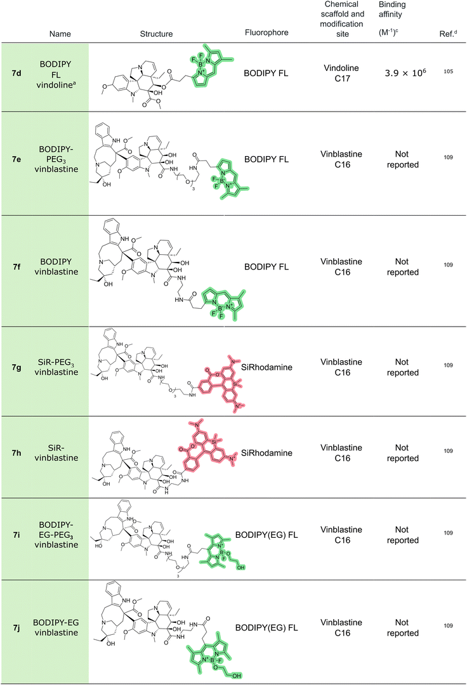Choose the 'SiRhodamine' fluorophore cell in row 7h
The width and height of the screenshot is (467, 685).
click(267, 453)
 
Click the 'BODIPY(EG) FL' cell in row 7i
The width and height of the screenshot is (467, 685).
click(266, 535)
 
